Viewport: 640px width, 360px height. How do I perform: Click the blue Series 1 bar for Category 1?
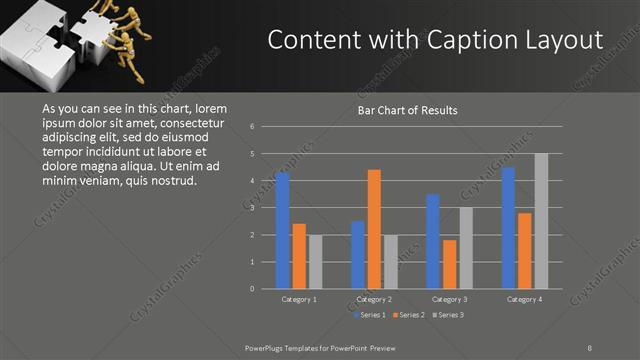[x=283, y=231]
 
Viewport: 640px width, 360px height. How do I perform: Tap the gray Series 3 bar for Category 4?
[x=541, y=221]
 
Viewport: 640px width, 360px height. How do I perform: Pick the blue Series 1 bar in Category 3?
[x=432, y=241]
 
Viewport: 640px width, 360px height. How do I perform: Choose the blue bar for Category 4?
[x=508, y=228]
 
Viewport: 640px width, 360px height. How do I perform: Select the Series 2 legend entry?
[x=410, y=316]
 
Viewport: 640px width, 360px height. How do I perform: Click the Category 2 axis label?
[x=374, y=299]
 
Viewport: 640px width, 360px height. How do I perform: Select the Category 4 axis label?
[x=525, y=299]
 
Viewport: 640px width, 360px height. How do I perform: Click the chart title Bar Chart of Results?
[x=407, y=110]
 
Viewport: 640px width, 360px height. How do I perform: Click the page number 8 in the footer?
[x=590, y=347]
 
